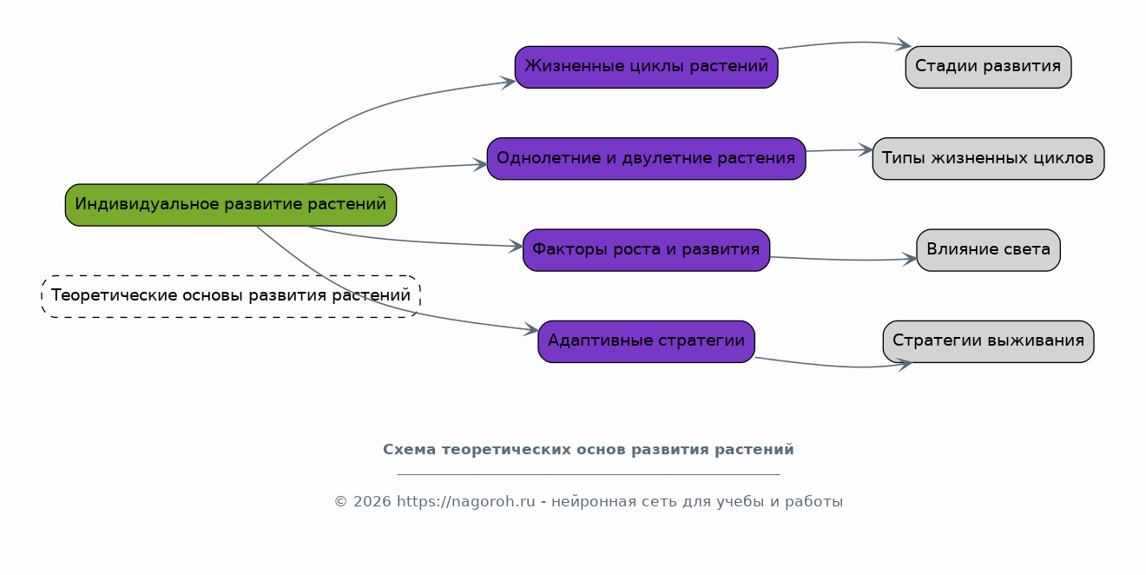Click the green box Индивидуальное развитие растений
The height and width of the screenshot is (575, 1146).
231,205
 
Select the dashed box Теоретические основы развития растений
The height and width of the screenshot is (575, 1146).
231,296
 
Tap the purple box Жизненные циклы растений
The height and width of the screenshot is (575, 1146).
646,67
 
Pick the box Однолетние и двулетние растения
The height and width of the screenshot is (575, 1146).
646,159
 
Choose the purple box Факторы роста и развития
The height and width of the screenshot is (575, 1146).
646,250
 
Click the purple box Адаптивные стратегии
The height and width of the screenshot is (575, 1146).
646,341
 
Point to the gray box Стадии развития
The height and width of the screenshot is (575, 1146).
988,67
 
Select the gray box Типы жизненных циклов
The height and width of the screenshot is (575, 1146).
988,159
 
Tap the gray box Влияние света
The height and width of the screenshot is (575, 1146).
988,250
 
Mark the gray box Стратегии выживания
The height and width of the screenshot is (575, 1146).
988,341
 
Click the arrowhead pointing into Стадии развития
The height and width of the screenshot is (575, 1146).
904,44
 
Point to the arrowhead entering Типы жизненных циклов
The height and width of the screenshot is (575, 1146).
866,150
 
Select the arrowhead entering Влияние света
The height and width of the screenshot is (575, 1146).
910,259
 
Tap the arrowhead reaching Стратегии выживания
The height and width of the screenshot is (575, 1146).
905,365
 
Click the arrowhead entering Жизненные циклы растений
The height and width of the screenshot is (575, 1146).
508,82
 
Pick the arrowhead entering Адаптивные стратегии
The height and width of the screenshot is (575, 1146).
531,330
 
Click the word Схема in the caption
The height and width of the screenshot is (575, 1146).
409,450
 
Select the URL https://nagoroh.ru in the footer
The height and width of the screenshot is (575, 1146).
465,502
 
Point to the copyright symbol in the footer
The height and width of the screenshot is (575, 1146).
340,502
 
